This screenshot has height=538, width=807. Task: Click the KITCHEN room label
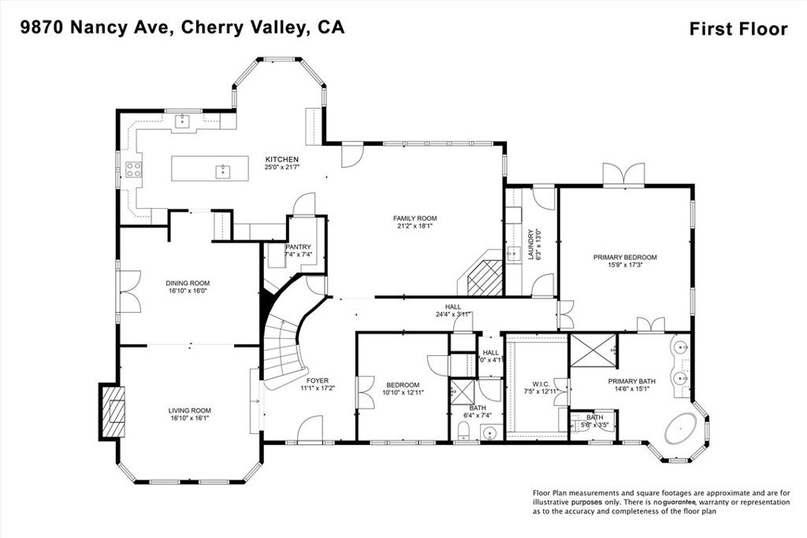(x=281, y=158)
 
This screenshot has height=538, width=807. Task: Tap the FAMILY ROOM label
(x=415, y=218)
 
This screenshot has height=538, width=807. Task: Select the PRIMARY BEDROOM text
(x=625, y=257)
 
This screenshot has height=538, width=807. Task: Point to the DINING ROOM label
(x=188, y=283)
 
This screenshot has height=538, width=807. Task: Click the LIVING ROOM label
(x=189, y=410)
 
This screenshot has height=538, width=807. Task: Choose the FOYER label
(x=318, y=380)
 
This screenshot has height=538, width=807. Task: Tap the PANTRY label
(x=299, y=247)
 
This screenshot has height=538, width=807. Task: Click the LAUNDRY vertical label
(x=530, y=245)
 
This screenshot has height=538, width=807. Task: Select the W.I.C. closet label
(x=540, y=384)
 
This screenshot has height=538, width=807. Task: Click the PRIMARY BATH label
(x=632, y=380)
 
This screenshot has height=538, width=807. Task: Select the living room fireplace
(x=112, y=410)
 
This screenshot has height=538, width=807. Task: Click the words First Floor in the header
(x=738, y=29)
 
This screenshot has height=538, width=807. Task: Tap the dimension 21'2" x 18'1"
(x=415, y=226)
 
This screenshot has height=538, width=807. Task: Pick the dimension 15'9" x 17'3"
(x=625, y=265)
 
